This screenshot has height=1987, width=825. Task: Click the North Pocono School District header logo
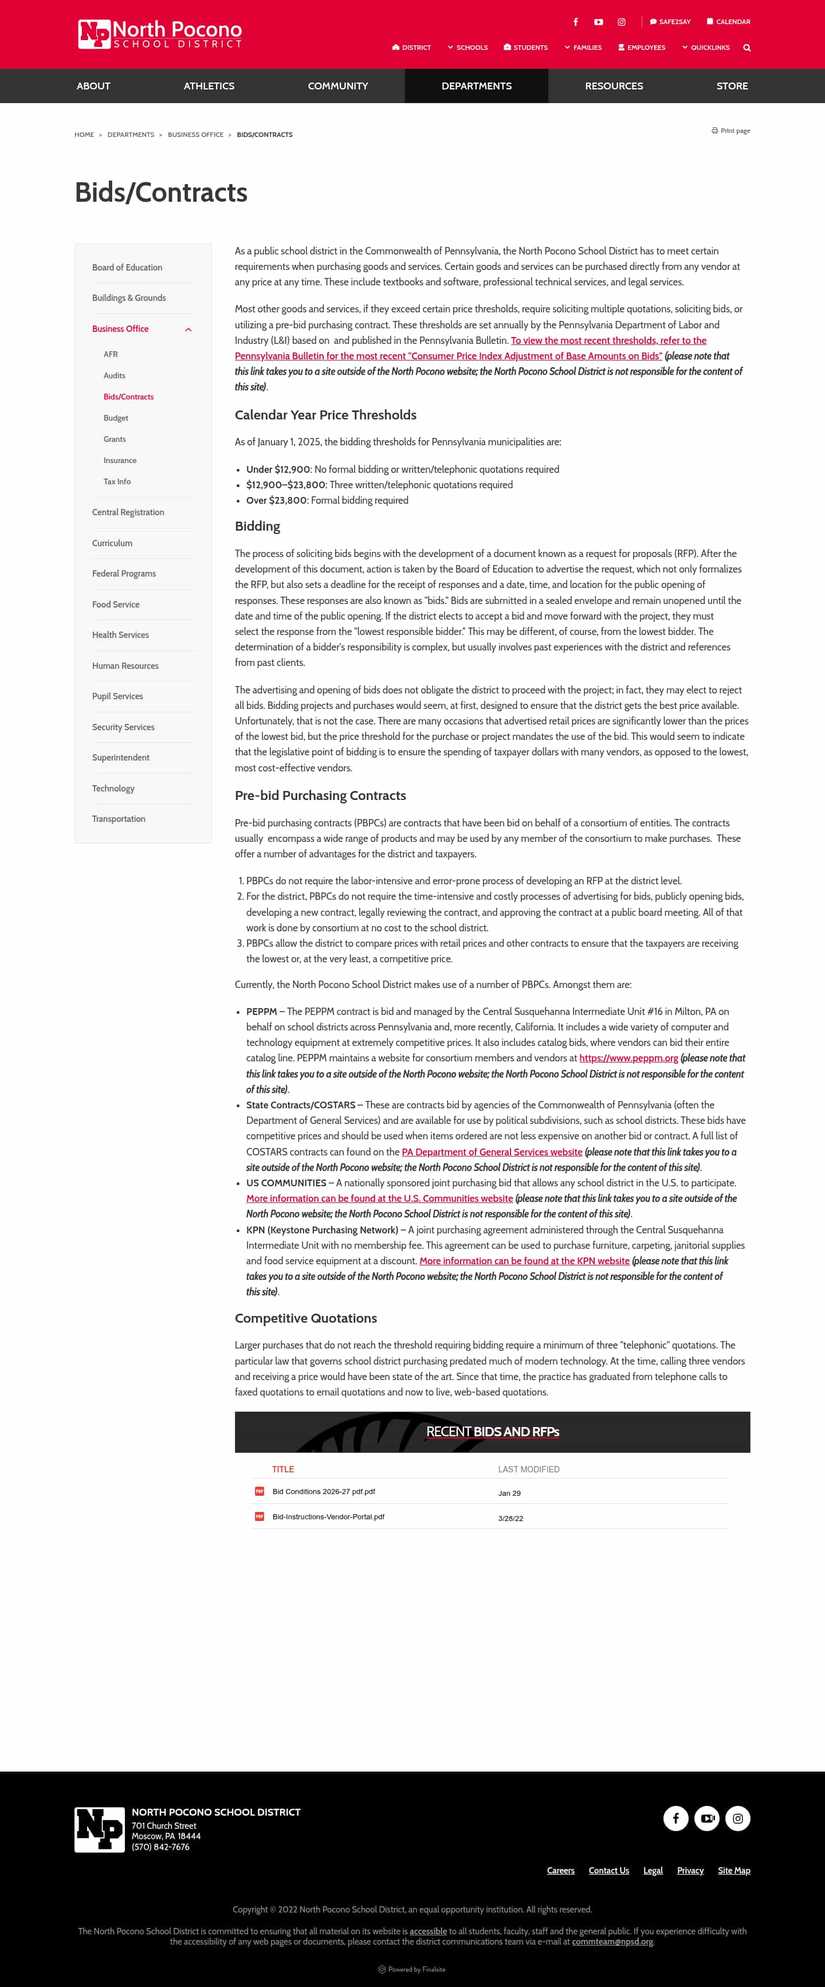tap(160, 34)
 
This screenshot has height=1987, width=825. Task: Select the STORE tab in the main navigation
tap(731, 85)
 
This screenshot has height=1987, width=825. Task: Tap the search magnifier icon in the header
tap(747, 48)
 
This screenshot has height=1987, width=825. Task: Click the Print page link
tap(731, 131)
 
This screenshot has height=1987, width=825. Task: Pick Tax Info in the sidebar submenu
tap(117, 481)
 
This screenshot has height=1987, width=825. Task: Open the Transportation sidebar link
tap(119, 818)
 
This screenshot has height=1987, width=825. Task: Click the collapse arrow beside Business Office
tap(188, 330)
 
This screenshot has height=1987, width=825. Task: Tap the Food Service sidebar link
tap(116, 604)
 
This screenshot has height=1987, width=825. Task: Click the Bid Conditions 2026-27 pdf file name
tap(323, 1492)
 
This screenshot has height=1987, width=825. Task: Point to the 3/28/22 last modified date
tap(510, 1518)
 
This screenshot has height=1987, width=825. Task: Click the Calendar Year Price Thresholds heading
tap(325, 415)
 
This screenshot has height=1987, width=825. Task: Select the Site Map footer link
tap(733, 1871)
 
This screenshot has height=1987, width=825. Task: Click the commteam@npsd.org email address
tap(612, 1942)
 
